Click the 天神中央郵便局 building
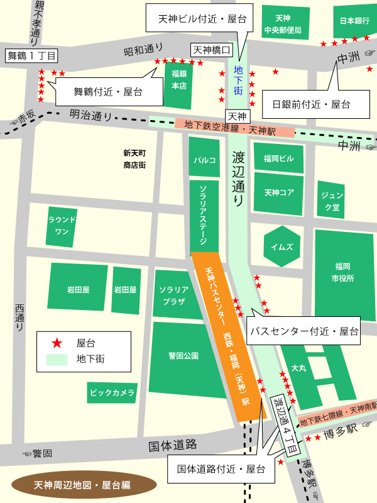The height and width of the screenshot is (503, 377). point(283,24)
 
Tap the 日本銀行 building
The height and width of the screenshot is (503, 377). point(354,21)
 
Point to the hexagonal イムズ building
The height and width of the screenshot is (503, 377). point(281,246)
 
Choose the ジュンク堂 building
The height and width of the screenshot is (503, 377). point(331,199)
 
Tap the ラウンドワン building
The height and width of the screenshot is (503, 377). point(62,226)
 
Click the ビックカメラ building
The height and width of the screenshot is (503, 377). point(112,393)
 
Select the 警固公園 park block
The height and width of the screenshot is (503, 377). point(183,356)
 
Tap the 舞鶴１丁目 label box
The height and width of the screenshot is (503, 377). point(31,56)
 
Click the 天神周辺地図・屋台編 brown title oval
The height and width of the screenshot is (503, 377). point(84,485)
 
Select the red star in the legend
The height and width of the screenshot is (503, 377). point(57,343)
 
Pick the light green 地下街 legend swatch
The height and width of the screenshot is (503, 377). point(57,360)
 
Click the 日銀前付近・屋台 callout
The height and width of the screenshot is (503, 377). point(310,103)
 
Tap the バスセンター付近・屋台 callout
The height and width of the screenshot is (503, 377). point(304,331)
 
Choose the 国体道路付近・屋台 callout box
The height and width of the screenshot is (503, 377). point(221,469)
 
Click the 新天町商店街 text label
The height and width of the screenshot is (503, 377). point(134,159)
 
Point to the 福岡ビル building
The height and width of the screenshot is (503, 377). point(278,158)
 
